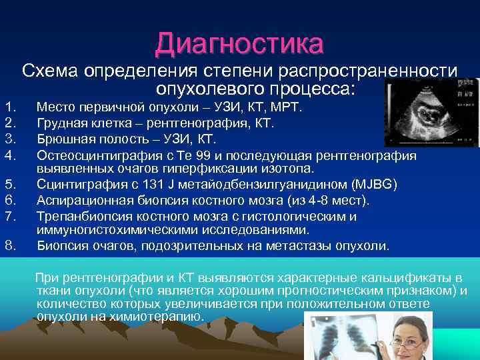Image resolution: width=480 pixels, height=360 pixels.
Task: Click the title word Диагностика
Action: pyautogui.click(x=239, y=43)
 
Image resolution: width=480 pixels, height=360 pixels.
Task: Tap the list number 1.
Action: pyautogui.click(x=9, y=107)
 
